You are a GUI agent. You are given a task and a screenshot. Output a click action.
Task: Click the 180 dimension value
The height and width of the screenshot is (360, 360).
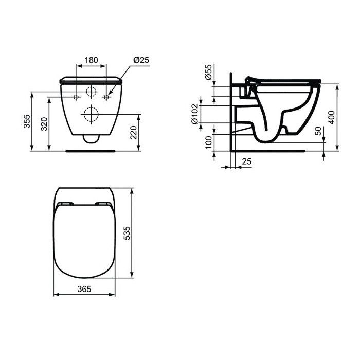tap(91, 60)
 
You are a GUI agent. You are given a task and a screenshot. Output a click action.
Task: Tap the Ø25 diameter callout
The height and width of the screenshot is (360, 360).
tap(141, 60)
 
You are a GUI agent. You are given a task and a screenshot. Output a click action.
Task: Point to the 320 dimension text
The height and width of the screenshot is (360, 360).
tap(44, 124)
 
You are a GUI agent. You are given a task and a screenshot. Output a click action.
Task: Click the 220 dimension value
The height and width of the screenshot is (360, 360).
tap(133, 133)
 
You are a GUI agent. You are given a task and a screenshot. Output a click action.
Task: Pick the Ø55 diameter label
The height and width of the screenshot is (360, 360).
tap(208, 73)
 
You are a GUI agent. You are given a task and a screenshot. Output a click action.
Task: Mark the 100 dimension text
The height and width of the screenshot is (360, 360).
tap(208, 142)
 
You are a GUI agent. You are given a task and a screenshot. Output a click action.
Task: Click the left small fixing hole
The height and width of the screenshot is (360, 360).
tap(76, 97)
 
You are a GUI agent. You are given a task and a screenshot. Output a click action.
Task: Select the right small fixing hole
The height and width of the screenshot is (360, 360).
tap(106, 97)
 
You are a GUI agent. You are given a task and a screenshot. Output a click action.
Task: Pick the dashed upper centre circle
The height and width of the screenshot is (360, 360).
tap(91, 93)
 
